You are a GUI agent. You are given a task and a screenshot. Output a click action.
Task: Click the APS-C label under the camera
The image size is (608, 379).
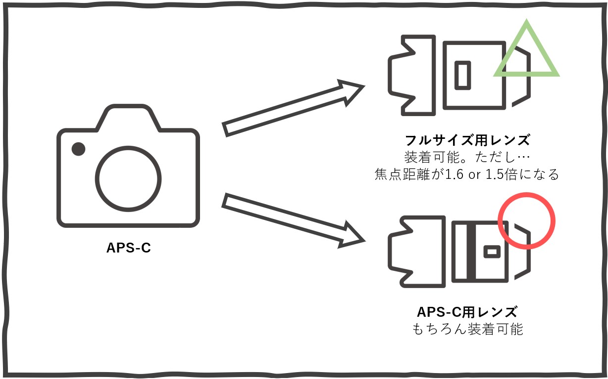tap(128, 248)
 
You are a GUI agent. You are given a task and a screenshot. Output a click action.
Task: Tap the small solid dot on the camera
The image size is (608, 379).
tap(78, 149)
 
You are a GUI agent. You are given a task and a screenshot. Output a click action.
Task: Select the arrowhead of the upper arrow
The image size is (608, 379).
tap(352, 91)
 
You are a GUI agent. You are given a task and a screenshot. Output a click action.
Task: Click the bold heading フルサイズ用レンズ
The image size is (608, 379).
tap(467, 140)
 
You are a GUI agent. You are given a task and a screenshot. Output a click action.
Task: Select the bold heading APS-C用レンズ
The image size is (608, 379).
tap(467, 312)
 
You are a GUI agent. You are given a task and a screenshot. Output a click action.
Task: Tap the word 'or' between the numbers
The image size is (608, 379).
tap(474, 175)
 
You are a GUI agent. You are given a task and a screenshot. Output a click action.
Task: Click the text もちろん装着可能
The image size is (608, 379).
tap(467, 329)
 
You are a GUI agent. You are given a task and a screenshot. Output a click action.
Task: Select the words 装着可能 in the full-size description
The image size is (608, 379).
tap(432, 157)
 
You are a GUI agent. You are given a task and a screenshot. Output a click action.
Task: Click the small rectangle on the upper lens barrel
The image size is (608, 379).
tap(462, 75)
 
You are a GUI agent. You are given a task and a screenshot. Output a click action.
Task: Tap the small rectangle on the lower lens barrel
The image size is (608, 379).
tap(492, 252)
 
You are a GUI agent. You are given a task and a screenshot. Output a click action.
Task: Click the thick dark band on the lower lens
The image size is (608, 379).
tap(471, 252)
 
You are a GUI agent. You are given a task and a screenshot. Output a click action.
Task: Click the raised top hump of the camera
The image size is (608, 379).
tap(128, 117)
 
